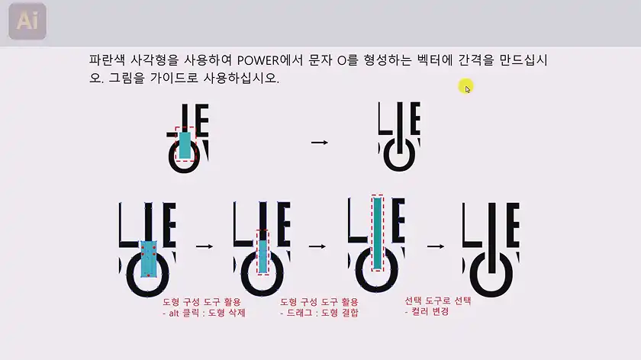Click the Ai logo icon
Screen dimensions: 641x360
(27, 21)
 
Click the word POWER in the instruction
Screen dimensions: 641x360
(258, 60)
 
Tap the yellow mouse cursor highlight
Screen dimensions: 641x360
(465, 87)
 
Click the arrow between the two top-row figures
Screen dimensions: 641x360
(320, 143)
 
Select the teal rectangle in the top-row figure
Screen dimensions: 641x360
(185, 145)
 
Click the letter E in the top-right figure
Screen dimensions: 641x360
(415, 118)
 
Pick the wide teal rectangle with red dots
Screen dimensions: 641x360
(148, 259)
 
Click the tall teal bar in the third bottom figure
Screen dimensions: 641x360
(377, 233)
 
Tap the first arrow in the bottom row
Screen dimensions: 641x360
(205, 246)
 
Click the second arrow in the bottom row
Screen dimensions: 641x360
(317, 246)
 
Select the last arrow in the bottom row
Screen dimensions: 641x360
(436, 246)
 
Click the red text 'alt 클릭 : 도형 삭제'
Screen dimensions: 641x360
(204, 313)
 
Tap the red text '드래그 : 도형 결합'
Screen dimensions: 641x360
(319, 313)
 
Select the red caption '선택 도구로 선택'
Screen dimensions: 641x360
(438, 301)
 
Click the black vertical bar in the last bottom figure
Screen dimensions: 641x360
(491, 238)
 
